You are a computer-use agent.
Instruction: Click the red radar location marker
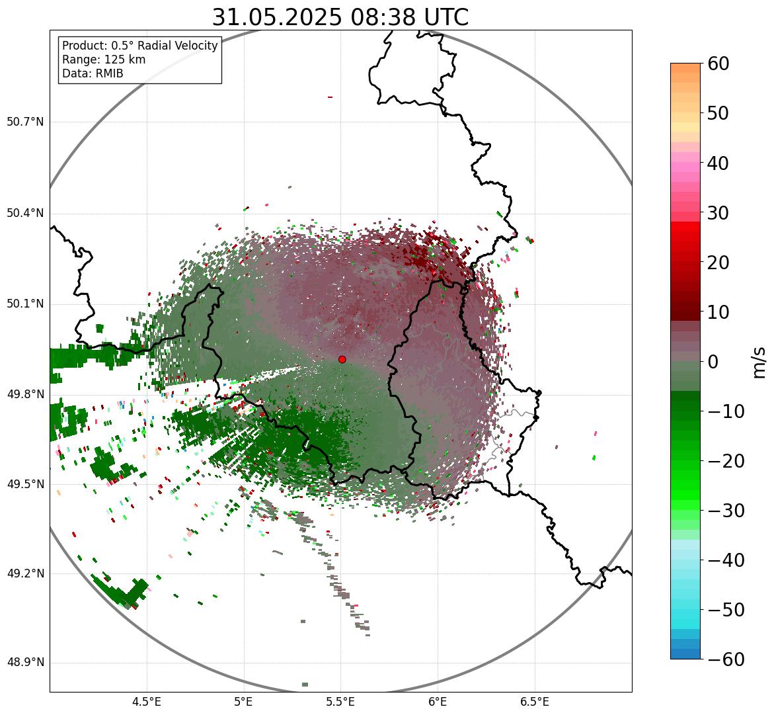coord(342,359)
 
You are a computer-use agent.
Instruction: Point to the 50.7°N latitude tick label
coord(25,122)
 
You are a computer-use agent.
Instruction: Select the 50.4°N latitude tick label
coord(25,213)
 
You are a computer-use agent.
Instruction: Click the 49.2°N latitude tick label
coord(25,573)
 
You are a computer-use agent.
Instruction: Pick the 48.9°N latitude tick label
coord(25,663)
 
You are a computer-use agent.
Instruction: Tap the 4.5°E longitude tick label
coord(147,702)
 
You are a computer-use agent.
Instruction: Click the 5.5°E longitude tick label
coord(340,702)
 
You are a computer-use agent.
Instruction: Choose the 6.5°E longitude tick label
coord(534,702)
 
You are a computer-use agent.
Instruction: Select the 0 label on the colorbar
coord(713,362)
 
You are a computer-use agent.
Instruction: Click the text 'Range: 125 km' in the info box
coord(104,60)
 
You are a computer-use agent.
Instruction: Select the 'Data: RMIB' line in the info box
coord(93,73)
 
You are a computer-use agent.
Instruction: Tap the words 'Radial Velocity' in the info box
coord(177,46)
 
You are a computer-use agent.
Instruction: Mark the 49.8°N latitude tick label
coord(25,394)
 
